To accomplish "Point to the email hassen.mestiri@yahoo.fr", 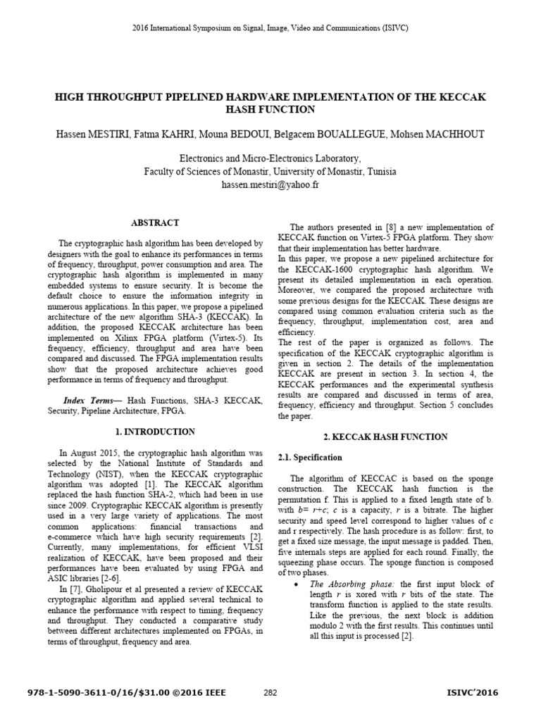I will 270,184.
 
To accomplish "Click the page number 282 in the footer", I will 270,693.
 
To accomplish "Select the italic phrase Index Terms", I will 85,401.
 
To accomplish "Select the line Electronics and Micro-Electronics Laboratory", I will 270,159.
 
